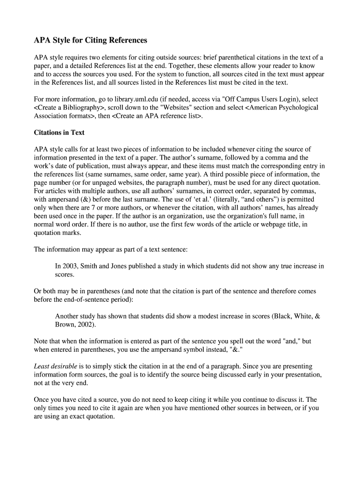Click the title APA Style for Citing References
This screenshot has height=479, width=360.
pyautogui.click(x=90, y=40)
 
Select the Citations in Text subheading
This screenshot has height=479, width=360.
pyautogui.click(x=59, y=132)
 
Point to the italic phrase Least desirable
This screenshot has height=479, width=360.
pyautogui.click(x=55, y=366)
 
